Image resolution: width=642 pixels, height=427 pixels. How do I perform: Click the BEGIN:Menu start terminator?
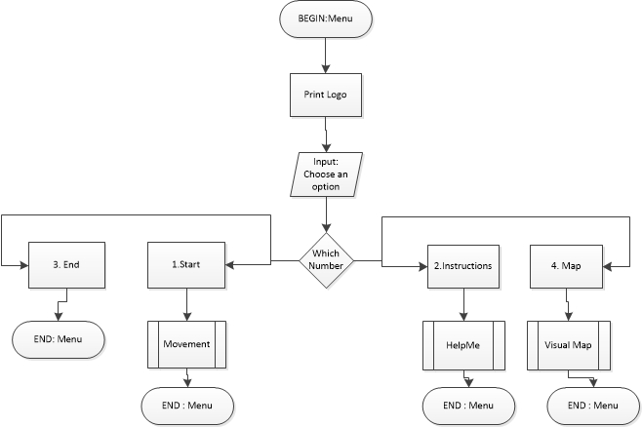[x=326, y=19]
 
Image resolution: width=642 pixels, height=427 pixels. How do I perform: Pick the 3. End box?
[x=66, y=263]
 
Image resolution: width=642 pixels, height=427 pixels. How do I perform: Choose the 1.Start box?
[x=185, y=263]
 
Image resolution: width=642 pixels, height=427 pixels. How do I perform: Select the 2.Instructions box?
[x=461, y=263]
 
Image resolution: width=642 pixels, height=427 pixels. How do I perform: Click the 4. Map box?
[x=567, y=263]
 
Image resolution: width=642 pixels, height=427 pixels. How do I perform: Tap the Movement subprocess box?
[x=185, y=345]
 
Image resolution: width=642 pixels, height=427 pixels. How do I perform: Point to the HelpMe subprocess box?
[x=461, y=345]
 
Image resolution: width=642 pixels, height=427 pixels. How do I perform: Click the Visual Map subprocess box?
[x=567, y=345]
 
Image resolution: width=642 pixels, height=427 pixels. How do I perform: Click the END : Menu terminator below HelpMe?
[x=467, y=404]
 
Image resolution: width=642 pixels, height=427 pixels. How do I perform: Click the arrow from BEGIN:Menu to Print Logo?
[x=326, y=55]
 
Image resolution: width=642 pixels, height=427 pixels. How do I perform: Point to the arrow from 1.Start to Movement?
[x=185, y=304]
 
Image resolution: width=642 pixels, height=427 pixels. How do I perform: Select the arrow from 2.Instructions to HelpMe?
[x=461, y=304]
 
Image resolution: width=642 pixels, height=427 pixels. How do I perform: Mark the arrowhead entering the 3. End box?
[x=22, y=263]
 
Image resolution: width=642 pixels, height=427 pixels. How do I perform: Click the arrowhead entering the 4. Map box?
[x=604, y=263]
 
